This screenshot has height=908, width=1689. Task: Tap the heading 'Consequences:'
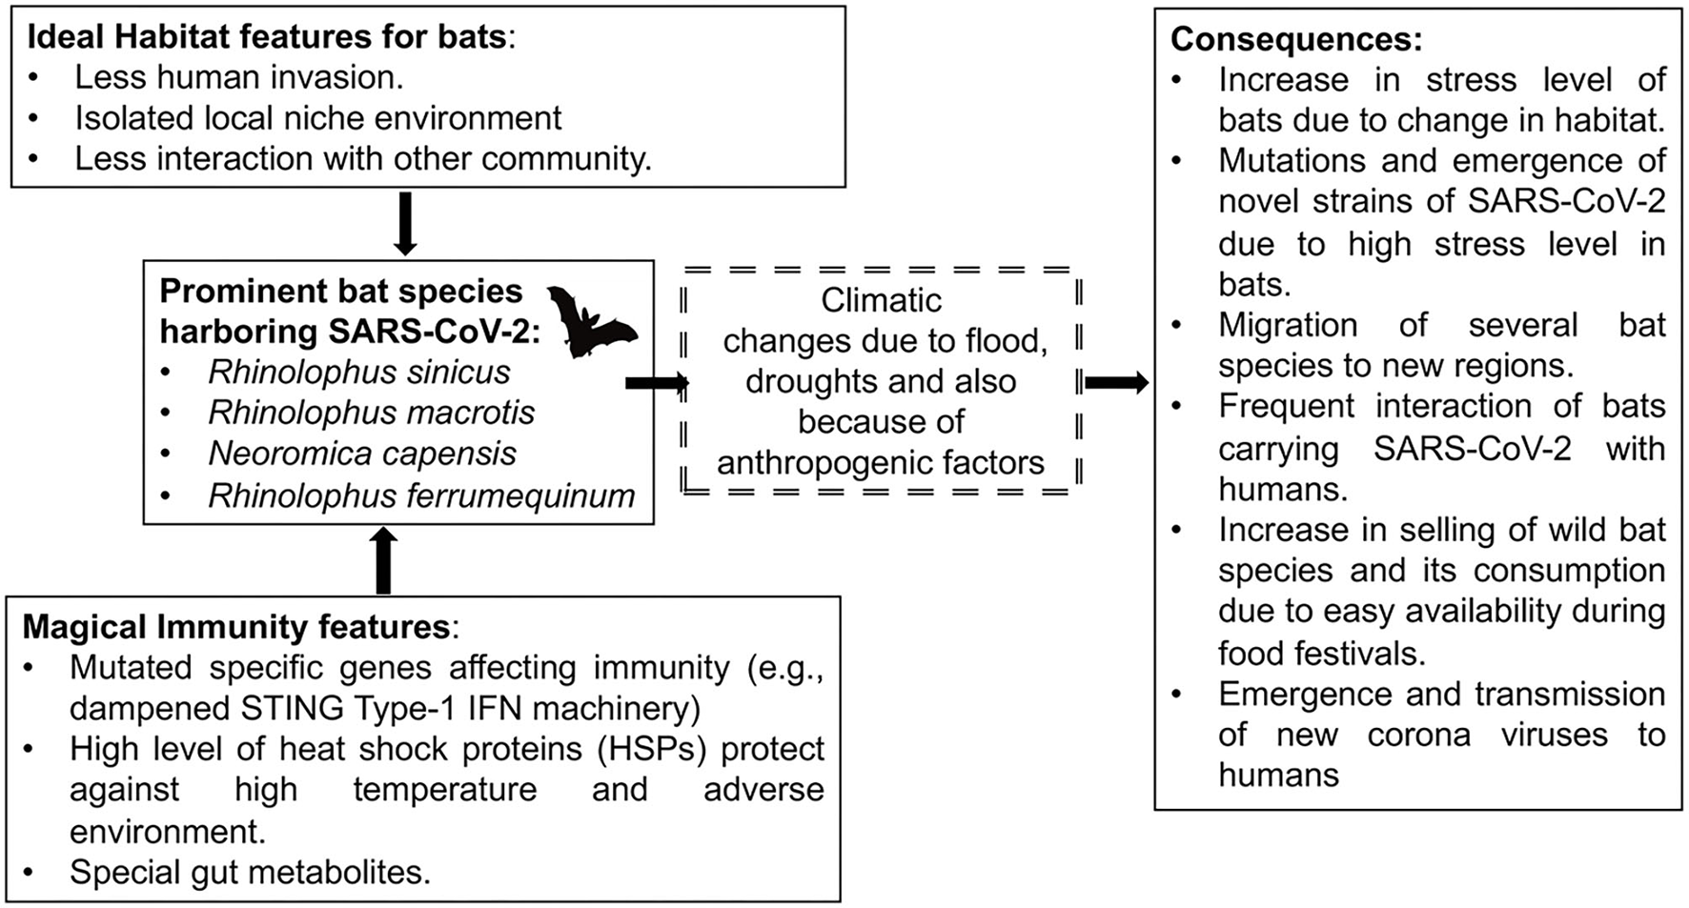point(1296,39)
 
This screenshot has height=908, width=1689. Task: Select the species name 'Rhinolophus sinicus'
point(359,372)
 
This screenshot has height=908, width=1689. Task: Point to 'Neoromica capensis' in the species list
point(362,454)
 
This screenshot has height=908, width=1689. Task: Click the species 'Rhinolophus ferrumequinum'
point(421,495)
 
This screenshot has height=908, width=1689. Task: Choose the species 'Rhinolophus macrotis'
point(372,413)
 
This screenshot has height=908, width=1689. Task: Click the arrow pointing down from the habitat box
point(405,223)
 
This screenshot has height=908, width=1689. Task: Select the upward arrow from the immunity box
point(382,560)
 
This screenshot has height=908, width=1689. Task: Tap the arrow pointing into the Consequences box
point(1116,383)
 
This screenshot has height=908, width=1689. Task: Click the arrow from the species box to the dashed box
point(657,383)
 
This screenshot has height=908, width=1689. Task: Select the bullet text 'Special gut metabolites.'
point(250,872)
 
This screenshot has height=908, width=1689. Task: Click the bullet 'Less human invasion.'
point(239,77)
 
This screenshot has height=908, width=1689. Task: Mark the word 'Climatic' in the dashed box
point(881,300)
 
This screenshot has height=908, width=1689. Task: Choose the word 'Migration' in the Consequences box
point(1288,325)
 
